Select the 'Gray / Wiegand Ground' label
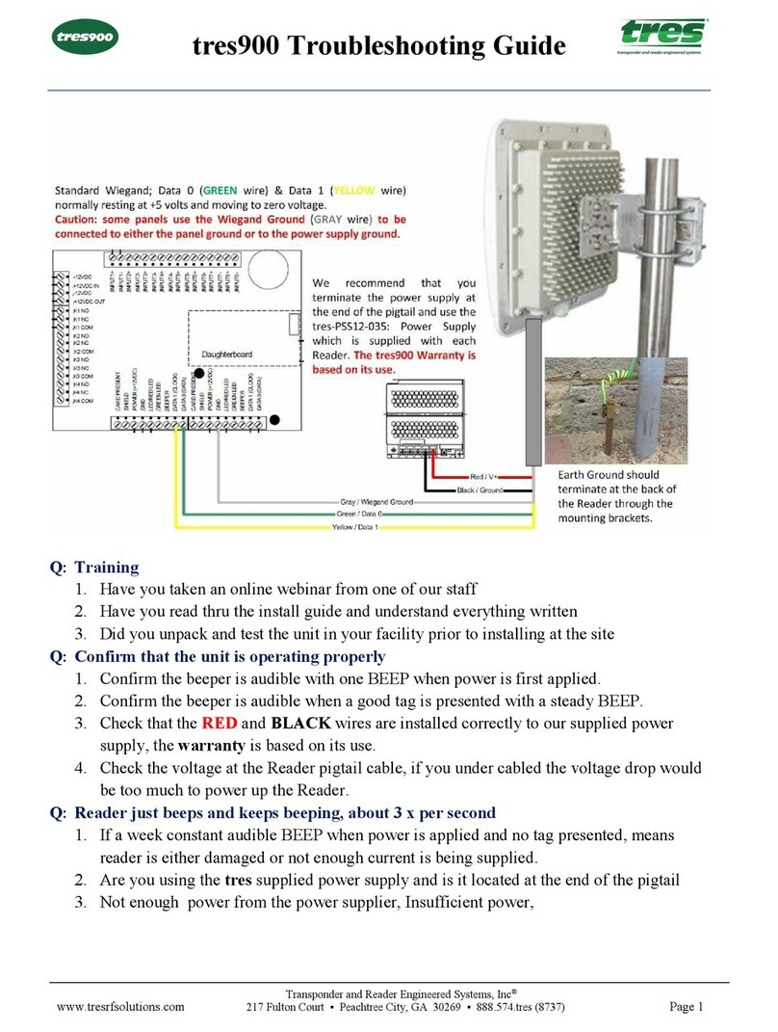point(376,502)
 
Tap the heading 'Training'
point(107,568)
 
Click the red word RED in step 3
point(219,724)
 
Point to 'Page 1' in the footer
point(687,1007)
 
